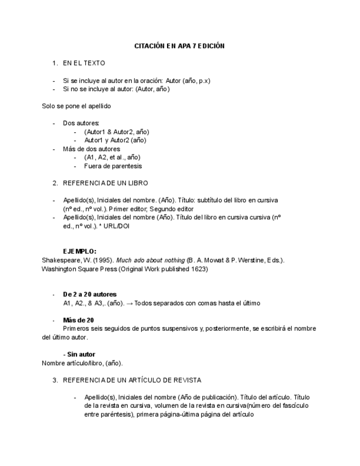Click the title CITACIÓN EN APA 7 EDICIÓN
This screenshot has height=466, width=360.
[179, 46]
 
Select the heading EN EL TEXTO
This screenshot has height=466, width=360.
[84, 63]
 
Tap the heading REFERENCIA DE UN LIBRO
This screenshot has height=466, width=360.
[106, 183]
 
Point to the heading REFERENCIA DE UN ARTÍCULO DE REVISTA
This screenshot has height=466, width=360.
[132, 380]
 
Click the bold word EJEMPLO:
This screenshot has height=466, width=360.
[80, 251]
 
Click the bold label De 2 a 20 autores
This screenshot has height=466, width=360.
[90, 295]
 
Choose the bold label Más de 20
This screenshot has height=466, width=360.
[79, 320]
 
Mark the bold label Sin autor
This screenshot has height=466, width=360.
[80, 354]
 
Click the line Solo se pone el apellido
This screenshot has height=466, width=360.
[76, 106]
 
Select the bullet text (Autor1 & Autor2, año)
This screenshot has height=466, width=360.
[117, 132]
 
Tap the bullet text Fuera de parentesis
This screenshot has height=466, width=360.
[113, 166]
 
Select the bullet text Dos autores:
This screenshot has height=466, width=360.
[81, 123]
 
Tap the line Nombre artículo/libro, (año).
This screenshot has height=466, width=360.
[82, 363]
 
